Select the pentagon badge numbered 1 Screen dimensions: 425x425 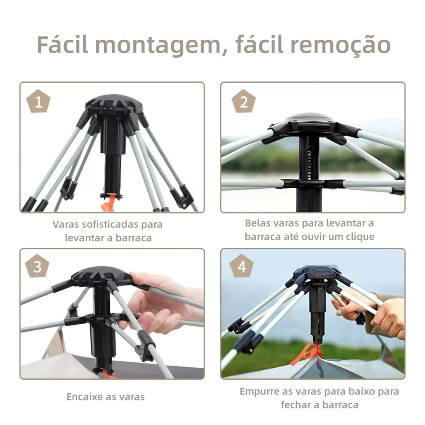tap(38, 101)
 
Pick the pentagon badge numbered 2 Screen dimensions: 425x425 tap(244, 101)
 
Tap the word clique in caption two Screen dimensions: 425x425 tap(360, 237)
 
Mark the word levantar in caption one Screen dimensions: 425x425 tap(85, 238)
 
